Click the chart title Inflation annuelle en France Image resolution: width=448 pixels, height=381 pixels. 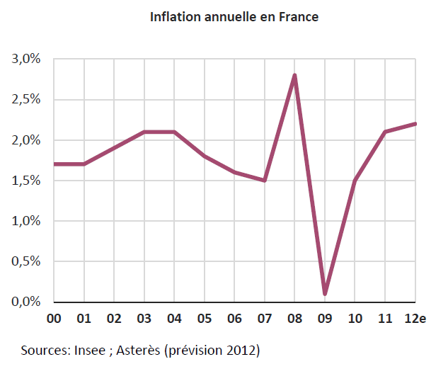click(234, 16)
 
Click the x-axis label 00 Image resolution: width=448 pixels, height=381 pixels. click(54, 319)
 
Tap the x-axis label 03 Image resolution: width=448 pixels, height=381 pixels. click(144, 319)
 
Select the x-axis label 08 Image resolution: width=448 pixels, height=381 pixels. click(294, 319)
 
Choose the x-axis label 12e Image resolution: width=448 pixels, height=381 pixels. click(415, 319)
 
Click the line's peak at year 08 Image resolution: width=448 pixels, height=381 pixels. click(294, 75)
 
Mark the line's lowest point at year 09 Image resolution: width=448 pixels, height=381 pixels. click(325, 294)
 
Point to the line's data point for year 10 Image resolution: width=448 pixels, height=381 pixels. click(355, 181)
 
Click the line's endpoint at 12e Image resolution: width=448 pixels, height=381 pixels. click(415, 124)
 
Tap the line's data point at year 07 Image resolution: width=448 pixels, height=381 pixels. click(265, 181)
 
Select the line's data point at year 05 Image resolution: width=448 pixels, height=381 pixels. click(205, 156)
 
